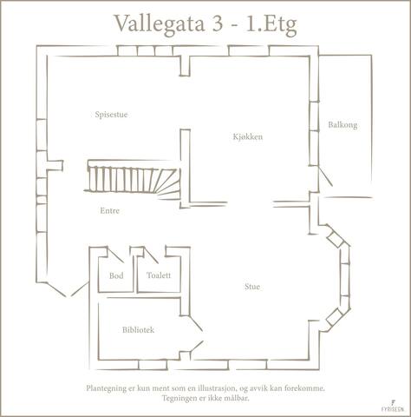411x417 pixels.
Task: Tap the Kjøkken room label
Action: tap(247, 137)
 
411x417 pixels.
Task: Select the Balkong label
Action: tap(342, 125)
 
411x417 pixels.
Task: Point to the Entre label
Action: tap(109, 211)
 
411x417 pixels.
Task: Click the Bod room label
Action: tap(115, 275)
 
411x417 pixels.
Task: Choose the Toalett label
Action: tap(159, 275)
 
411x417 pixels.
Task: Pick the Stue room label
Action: tap(252, 286)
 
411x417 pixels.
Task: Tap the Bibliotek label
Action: tap(139, 330)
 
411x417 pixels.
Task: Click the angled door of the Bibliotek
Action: tap(197, 348)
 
